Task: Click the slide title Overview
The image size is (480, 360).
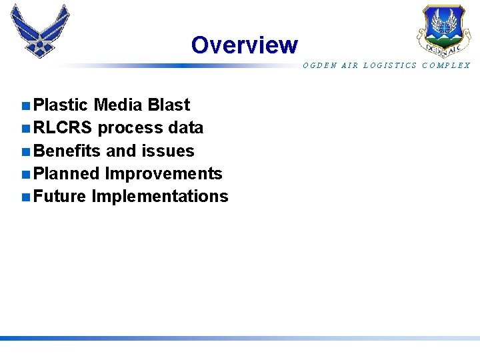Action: (244, 45)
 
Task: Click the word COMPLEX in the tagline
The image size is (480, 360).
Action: (446, 65)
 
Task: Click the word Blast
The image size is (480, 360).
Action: (169, 105)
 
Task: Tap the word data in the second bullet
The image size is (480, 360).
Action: (185, 128)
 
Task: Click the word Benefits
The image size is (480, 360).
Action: (67, 151)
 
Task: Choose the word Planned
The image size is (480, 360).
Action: (67, 174)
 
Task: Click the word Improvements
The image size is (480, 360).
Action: (164, 174)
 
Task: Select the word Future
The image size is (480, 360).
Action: (60, 197)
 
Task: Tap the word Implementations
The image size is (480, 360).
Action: (160, 197)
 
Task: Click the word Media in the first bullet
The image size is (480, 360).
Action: (118, 105)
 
